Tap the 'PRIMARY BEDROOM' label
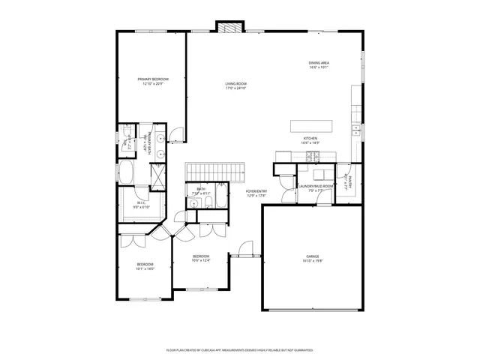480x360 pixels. pos(152,79)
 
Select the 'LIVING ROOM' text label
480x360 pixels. pos(236,84)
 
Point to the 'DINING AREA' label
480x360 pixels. pos(319,63)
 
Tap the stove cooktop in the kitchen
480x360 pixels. pos(313,156)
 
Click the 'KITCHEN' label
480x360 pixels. pos(311,139)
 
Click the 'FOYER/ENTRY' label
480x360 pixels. pos(256,191)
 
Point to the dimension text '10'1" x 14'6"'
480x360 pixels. pos(145,268)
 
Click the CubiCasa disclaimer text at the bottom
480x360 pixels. pos(239,349)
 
